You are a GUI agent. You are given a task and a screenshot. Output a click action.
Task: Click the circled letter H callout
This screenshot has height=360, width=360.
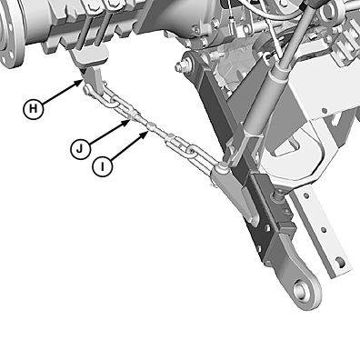[34, 109]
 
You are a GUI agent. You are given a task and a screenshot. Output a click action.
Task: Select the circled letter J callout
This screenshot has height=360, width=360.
[80, 149]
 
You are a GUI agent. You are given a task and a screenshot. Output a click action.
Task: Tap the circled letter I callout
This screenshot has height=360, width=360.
[103, 166]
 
